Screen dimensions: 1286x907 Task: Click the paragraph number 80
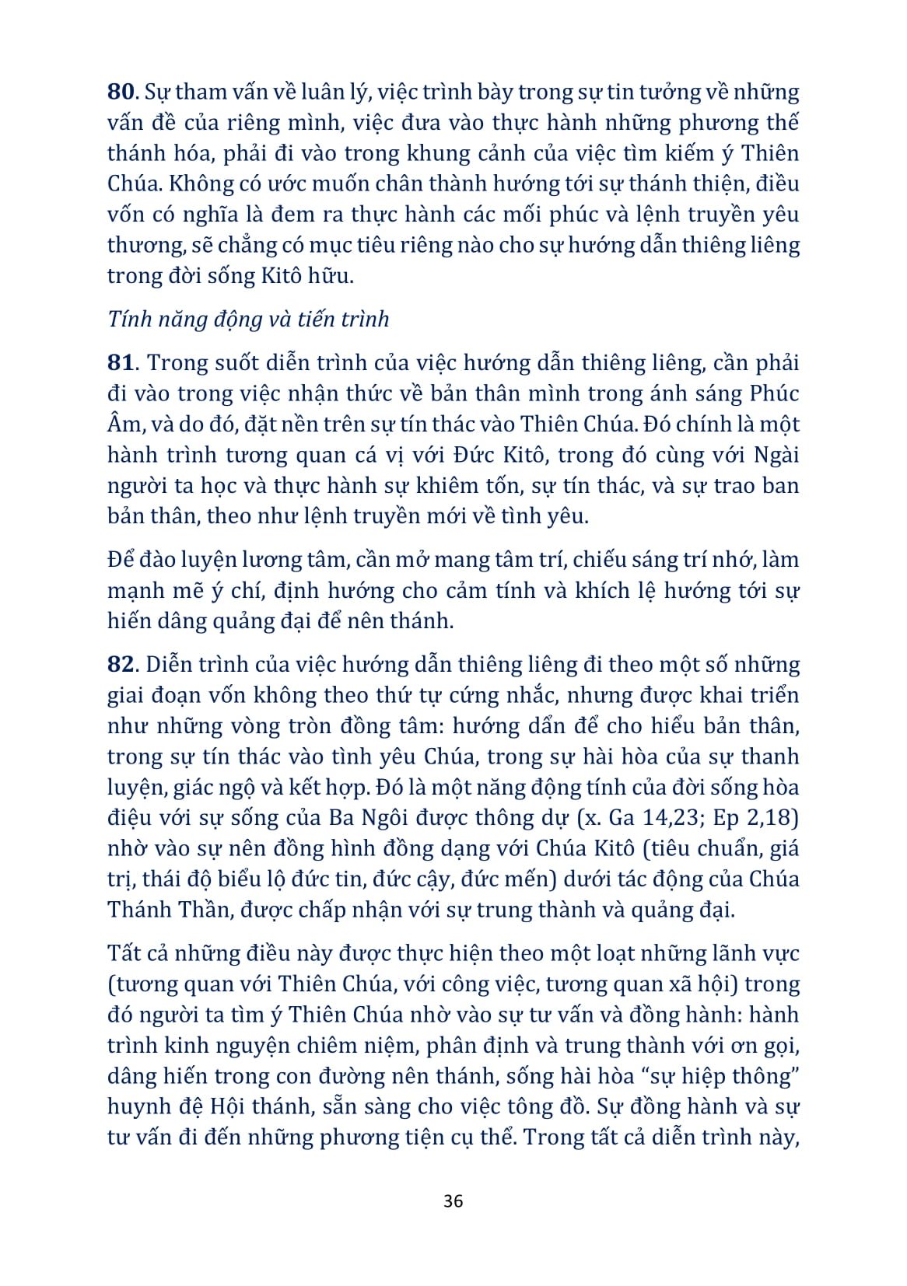point(121,92)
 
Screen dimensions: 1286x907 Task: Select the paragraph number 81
point(121,363)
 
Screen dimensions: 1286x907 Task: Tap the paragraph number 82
point(121,665)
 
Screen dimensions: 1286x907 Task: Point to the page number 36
point(453,1201)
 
